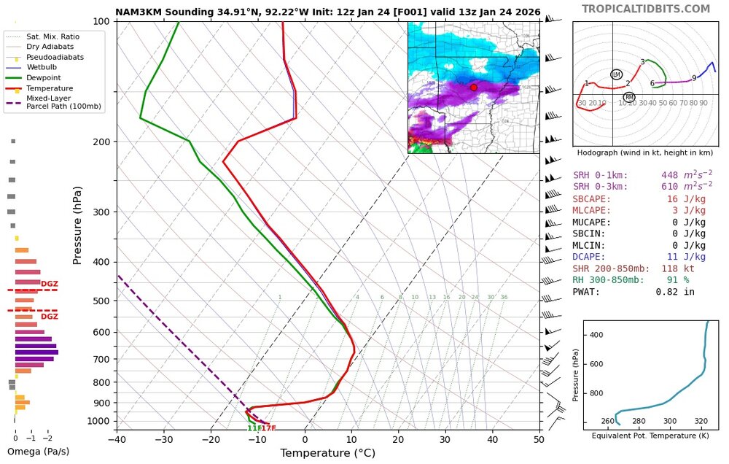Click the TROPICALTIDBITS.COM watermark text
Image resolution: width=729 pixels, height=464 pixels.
point(645,9)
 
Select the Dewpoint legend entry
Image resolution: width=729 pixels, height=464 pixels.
point(44,77)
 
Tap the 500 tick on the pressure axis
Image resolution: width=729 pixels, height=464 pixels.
point(101,301)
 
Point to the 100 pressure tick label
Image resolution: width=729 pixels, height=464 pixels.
point(101,21)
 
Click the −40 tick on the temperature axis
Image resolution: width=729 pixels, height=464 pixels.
point(117,439)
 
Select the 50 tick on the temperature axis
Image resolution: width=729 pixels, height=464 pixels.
point(540,439)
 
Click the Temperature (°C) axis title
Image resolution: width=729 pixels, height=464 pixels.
point(327,453)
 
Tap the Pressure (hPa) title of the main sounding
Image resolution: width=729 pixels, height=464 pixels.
point(77,225)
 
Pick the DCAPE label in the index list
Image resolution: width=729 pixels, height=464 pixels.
point(589,257)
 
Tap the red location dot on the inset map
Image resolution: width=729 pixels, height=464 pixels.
point(473,87)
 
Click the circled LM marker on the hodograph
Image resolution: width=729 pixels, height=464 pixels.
point(616,74)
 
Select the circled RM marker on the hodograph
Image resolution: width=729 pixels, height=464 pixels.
point(629,97)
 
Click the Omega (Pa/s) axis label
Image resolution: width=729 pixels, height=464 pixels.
point(38,452)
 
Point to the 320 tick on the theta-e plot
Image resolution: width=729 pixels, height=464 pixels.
point(701,421)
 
